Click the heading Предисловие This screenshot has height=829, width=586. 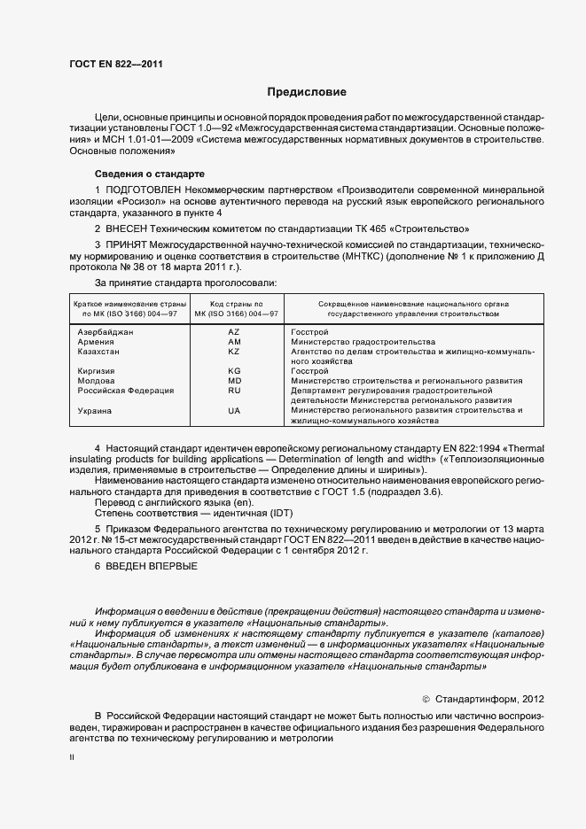click(307, 92)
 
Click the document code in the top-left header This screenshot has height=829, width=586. click(114, 63)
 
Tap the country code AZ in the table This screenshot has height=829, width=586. click(234, 331)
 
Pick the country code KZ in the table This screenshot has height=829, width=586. click(234, 352)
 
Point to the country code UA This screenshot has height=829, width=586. click(234, 411)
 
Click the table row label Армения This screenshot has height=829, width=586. click(96, 341)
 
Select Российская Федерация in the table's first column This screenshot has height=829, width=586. click(125, 390)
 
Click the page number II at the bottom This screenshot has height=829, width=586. click(72, 758)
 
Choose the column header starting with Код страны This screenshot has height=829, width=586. click(235, 308)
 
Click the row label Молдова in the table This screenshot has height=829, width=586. click(96, 381)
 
